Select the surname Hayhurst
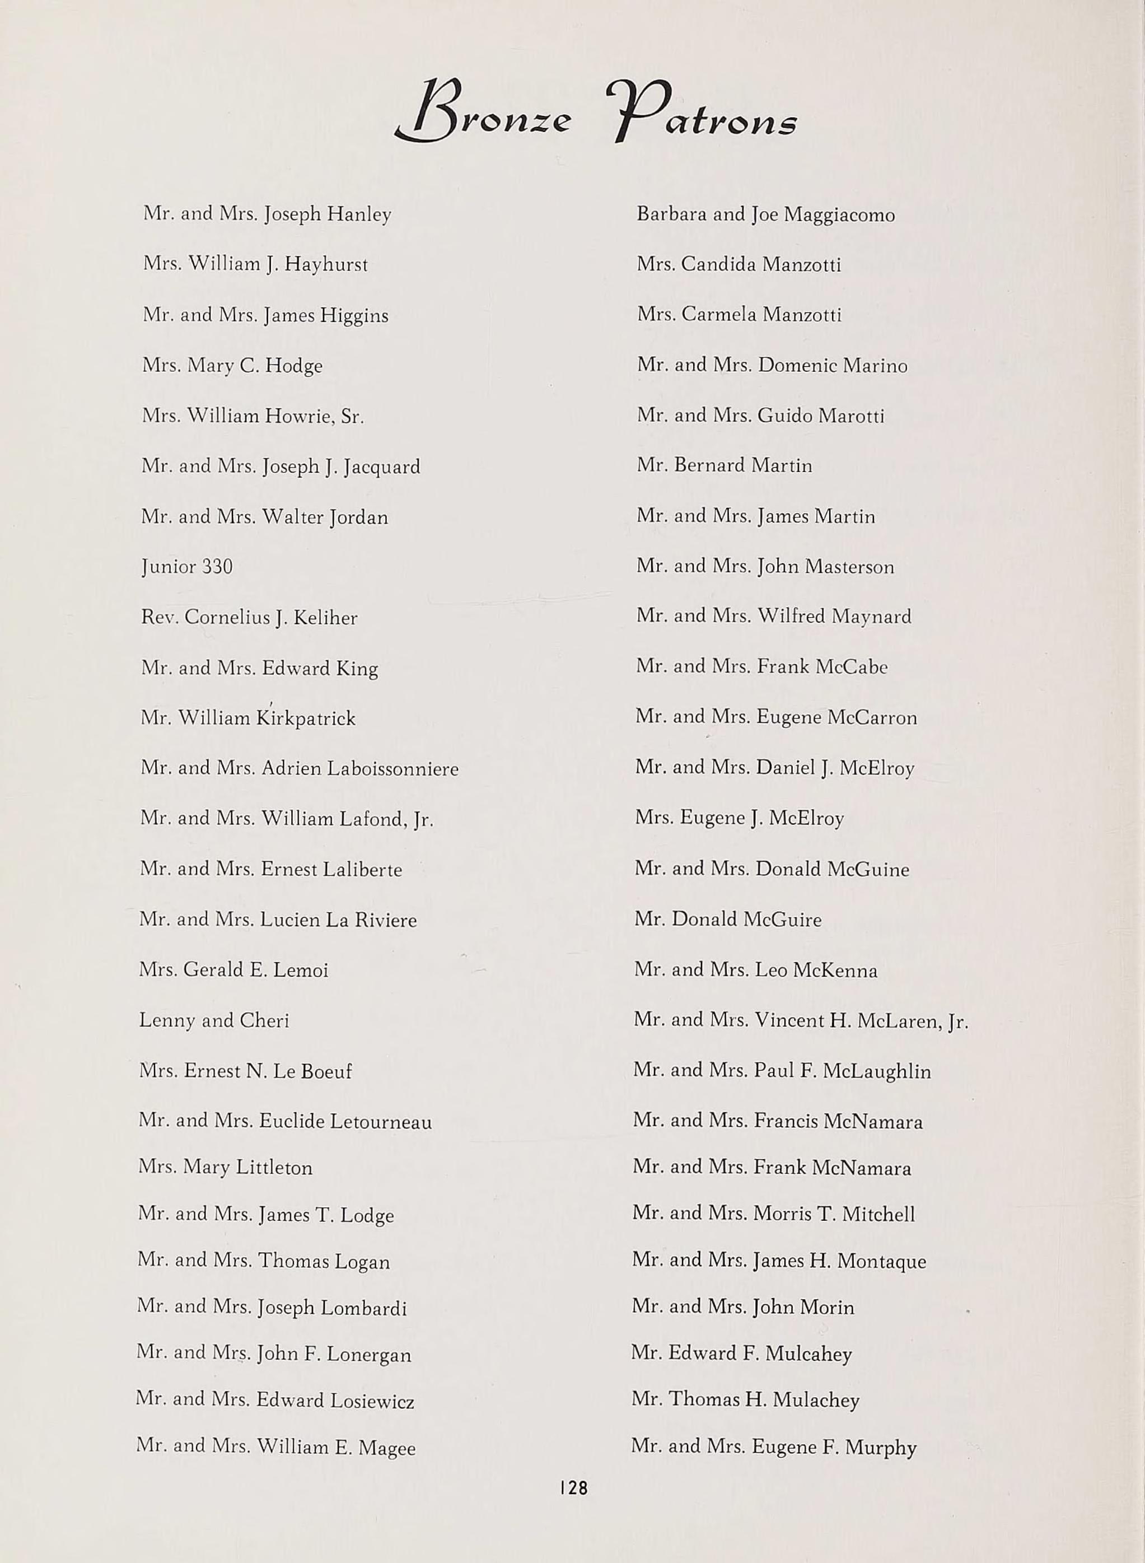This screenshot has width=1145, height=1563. click(x=326, y=265)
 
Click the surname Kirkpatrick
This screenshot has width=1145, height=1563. click(x=305, y=718)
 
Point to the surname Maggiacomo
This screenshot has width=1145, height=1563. click(x=839, y=215)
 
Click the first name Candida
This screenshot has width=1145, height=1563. click(x=717, y=264)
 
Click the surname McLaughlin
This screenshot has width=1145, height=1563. click(x=876, y=1071)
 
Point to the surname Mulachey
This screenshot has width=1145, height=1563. click(x=815, y=1401)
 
